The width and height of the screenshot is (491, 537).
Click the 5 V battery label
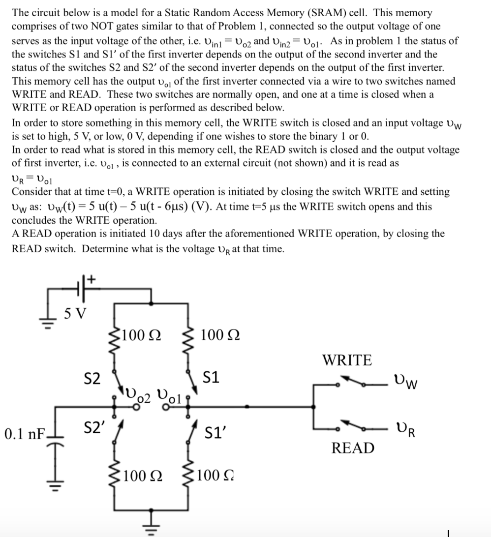point(74,313)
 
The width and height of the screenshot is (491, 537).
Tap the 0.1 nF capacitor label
point(24,433)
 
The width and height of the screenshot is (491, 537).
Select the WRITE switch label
point(347,360)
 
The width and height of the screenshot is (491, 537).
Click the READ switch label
point(353,447)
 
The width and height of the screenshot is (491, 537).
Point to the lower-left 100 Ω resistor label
point(144,476)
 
